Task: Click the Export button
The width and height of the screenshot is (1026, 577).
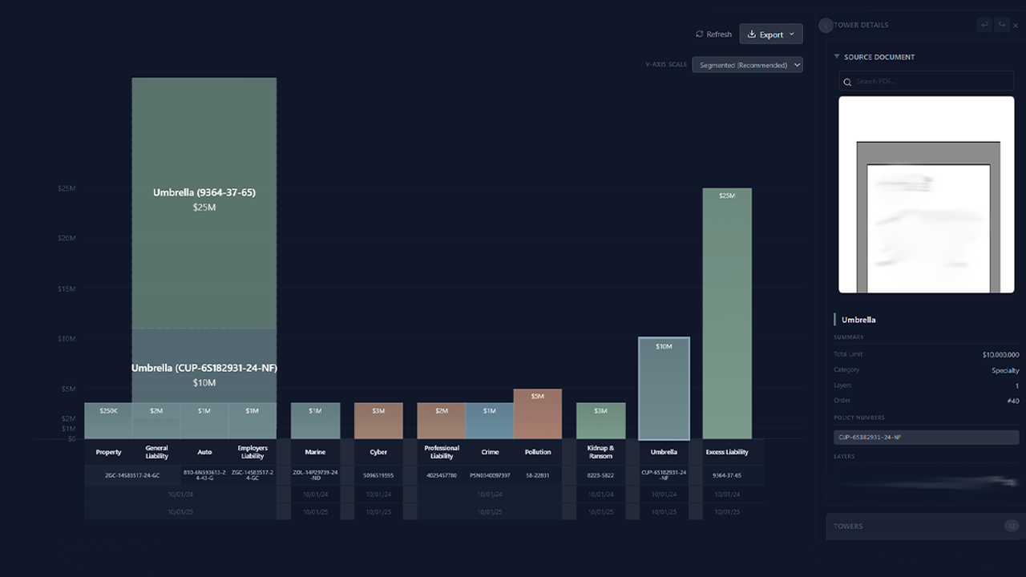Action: [x=770, y=34]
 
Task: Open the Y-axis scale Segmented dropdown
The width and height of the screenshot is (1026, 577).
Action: [x=747, y=65]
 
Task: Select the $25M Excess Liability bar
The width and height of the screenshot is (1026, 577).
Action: [x=727, y=313]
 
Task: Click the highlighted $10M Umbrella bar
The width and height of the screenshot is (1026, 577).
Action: [x=664, y=389]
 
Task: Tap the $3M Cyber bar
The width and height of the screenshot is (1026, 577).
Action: [x=378, y=421]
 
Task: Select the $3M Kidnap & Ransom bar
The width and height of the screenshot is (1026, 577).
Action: [x=600, y=421]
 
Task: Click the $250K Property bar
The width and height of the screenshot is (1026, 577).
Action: [x=108, y=421]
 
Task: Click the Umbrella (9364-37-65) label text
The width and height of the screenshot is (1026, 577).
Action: [x=204, y=192]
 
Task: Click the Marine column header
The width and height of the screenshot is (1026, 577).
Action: [x=315, y=452]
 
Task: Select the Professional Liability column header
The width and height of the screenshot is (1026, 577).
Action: [x=442, y=452]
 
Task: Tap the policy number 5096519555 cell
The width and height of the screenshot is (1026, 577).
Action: [x=378, y=475]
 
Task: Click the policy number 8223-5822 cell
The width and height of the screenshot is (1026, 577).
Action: [x=600, y=475]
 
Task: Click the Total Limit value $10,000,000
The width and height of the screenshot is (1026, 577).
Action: [x=1000, y=354]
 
